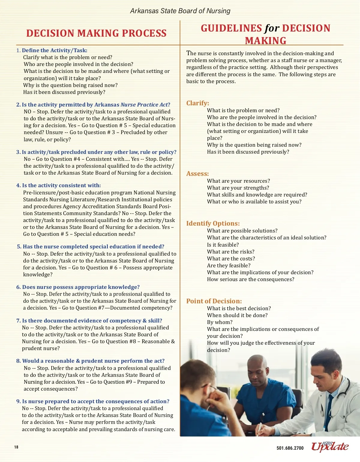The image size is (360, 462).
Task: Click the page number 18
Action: coord(16,447)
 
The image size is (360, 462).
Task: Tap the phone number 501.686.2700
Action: coord(290,448)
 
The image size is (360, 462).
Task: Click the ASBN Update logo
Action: coord(330,447)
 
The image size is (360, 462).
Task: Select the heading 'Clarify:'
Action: coord(198,103)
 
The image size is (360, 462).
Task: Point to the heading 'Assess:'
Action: coord(197,174)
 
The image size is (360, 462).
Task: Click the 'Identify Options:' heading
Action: coord(213,223)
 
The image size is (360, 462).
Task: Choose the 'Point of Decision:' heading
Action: coord(214,301)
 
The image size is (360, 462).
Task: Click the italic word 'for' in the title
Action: coord(272,28)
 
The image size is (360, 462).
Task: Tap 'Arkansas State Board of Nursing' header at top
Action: coord(180,11)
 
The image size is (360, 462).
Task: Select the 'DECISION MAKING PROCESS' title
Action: coord(96,33)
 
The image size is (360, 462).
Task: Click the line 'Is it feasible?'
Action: coord(223,245)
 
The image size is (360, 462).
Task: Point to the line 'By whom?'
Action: coord(220,322)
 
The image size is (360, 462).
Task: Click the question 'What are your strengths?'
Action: coord(238,188)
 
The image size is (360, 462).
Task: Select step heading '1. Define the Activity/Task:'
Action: coord(52,50)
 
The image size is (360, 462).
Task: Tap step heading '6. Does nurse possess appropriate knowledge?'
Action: coord(78,287)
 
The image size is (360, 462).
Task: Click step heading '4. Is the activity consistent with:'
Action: coord(58,185)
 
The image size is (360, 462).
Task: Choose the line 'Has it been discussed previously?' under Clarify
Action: coord(248,152)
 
